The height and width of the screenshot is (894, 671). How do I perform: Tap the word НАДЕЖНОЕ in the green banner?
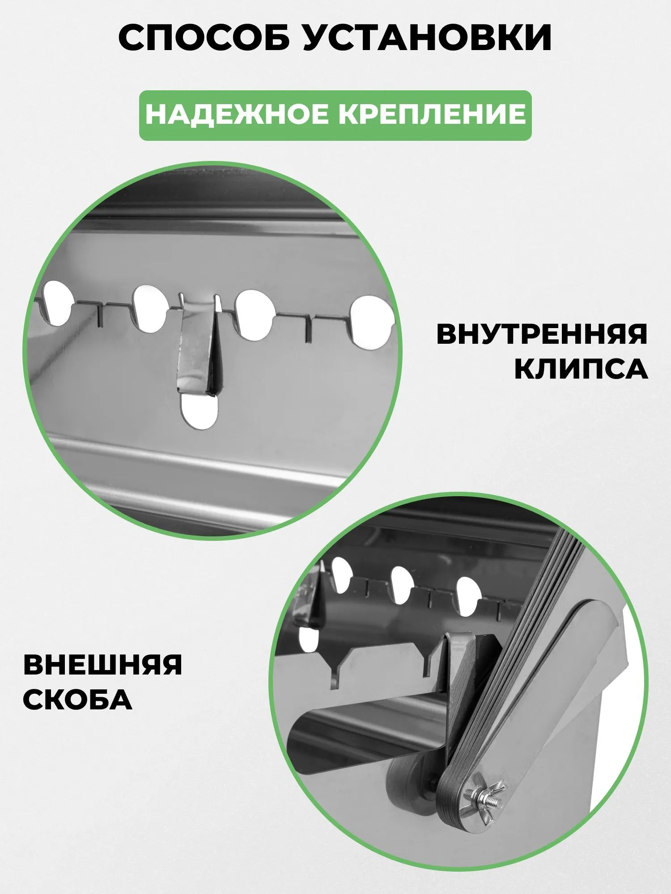(237, 114)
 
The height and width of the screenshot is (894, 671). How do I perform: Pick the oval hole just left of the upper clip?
(149, 308)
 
